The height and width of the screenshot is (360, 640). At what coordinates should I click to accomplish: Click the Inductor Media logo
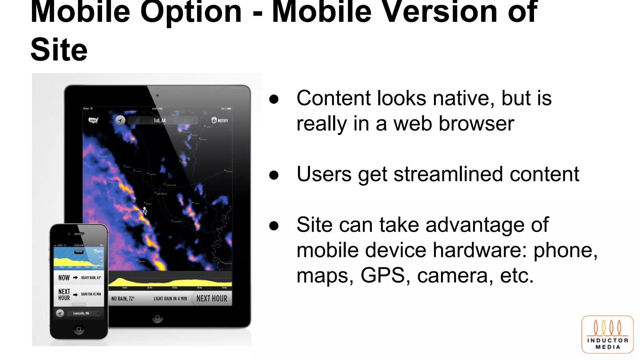(x=607, y=334)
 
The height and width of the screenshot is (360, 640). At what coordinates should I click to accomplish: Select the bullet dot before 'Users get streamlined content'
(x=274, y=175)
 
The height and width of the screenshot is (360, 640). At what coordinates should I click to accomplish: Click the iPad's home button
(x=157, y=317)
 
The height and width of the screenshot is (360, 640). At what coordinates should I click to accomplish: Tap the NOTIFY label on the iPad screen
(x=220, y=120)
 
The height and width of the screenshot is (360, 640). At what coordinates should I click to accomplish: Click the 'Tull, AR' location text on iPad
(x=160, y=120)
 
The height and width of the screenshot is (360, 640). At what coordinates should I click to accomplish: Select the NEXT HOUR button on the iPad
(x=212, y=298)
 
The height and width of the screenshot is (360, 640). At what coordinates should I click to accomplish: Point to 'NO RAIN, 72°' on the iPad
(x=123, y=298)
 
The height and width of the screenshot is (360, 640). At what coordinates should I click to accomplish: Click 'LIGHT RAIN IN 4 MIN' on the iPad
(x=170, y=298)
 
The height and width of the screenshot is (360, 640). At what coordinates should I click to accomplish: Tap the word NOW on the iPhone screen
(x=64, y=277)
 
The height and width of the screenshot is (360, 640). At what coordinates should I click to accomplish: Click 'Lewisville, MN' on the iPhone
(x=81, y=313)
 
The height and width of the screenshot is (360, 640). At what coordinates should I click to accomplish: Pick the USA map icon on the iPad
(x=93, y=120)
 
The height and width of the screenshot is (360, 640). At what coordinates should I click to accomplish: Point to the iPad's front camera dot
(x=157, y=96)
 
